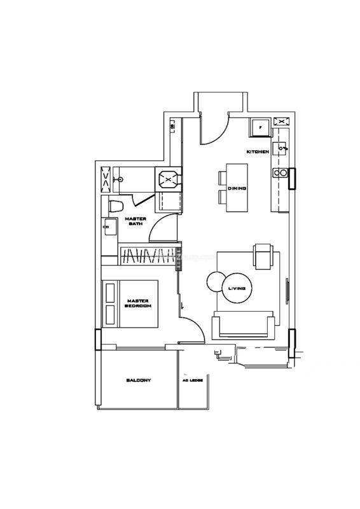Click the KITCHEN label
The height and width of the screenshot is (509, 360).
258,151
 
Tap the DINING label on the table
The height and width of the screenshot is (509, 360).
237,188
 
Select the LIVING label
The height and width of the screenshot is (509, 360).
237,288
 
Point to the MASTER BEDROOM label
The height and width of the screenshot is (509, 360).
138,303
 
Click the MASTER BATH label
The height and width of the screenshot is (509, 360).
135,221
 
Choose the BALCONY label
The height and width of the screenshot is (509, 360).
139,380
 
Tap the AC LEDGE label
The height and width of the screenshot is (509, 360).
193,380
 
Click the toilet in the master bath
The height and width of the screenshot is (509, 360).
116,206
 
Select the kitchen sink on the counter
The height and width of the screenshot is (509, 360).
280,149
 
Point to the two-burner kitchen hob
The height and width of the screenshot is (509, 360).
280,172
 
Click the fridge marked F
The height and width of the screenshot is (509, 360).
260,127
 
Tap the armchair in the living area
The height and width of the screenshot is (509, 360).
263,256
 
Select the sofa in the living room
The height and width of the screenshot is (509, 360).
243,325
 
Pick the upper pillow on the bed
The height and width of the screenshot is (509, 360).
110,293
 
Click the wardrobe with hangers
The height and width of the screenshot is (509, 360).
147,256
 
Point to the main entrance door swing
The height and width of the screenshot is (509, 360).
215,130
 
